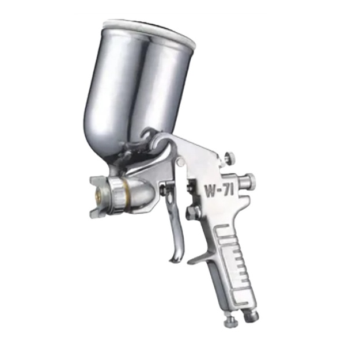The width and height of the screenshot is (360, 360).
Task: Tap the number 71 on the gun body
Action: (x=229, y=190)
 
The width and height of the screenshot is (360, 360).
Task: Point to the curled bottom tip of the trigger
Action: (x=174, y=259)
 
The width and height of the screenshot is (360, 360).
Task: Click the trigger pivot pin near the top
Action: (x=181, y=161)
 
